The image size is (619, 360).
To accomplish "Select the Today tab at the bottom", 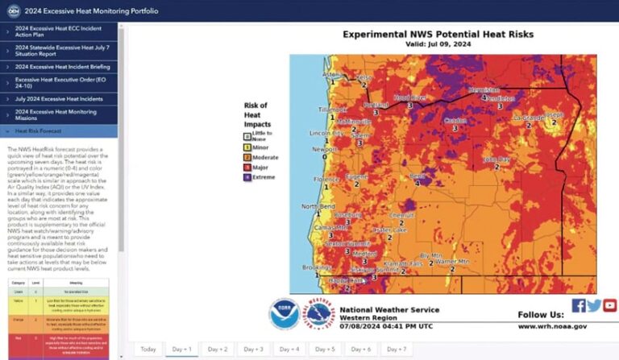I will (147, 349).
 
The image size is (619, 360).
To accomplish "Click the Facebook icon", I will (578, 305).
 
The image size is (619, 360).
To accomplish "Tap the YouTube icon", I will (609, 305).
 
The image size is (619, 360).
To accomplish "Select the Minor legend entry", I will (260, 147).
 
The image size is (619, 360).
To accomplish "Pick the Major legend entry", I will (260, 168).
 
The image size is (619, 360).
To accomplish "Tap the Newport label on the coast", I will (324, 149).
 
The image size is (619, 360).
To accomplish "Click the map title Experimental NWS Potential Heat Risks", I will (438, 35).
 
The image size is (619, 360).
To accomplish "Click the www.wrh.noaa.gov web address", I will (552, 326).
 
